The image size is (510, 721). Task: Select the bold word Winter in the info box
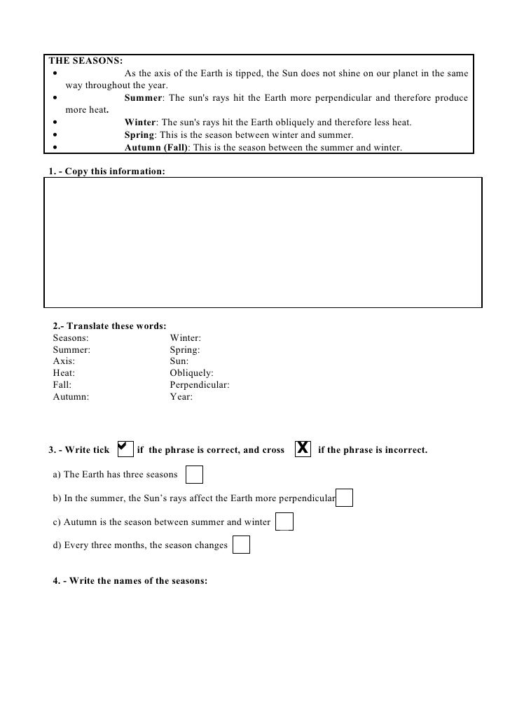[x=140, y=122]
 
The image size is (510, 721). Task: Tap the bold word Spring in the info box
[x=139, y=135]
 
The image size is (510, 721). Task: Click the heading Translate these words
[x=110, y=325]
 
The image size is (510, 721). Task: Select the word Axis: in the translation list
[x=64, y=361]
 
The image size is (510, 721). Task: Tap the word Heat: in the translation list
[x=64, y=373]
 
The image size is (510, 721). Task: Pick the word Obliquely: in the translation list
[x=191, y=373]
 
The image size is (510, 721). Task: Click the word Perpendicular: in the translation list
[x=199, y=385]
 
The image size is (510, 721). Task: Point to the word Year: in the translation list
[x=181, y=397]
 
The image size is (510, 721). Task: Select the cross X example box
[x=303, y=447]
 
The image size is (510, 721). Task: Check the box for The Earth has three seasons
[x=195, y=475]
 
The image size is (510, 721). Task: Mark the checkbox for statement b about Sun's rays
[x=344, y=498]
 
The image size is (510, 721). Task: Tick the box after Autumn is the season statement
[x=284, y=522]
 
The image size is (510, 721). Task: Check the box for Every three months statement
[x=240, y=545]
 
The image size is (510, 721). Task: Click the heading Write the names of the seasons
[x=130, y=580]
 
